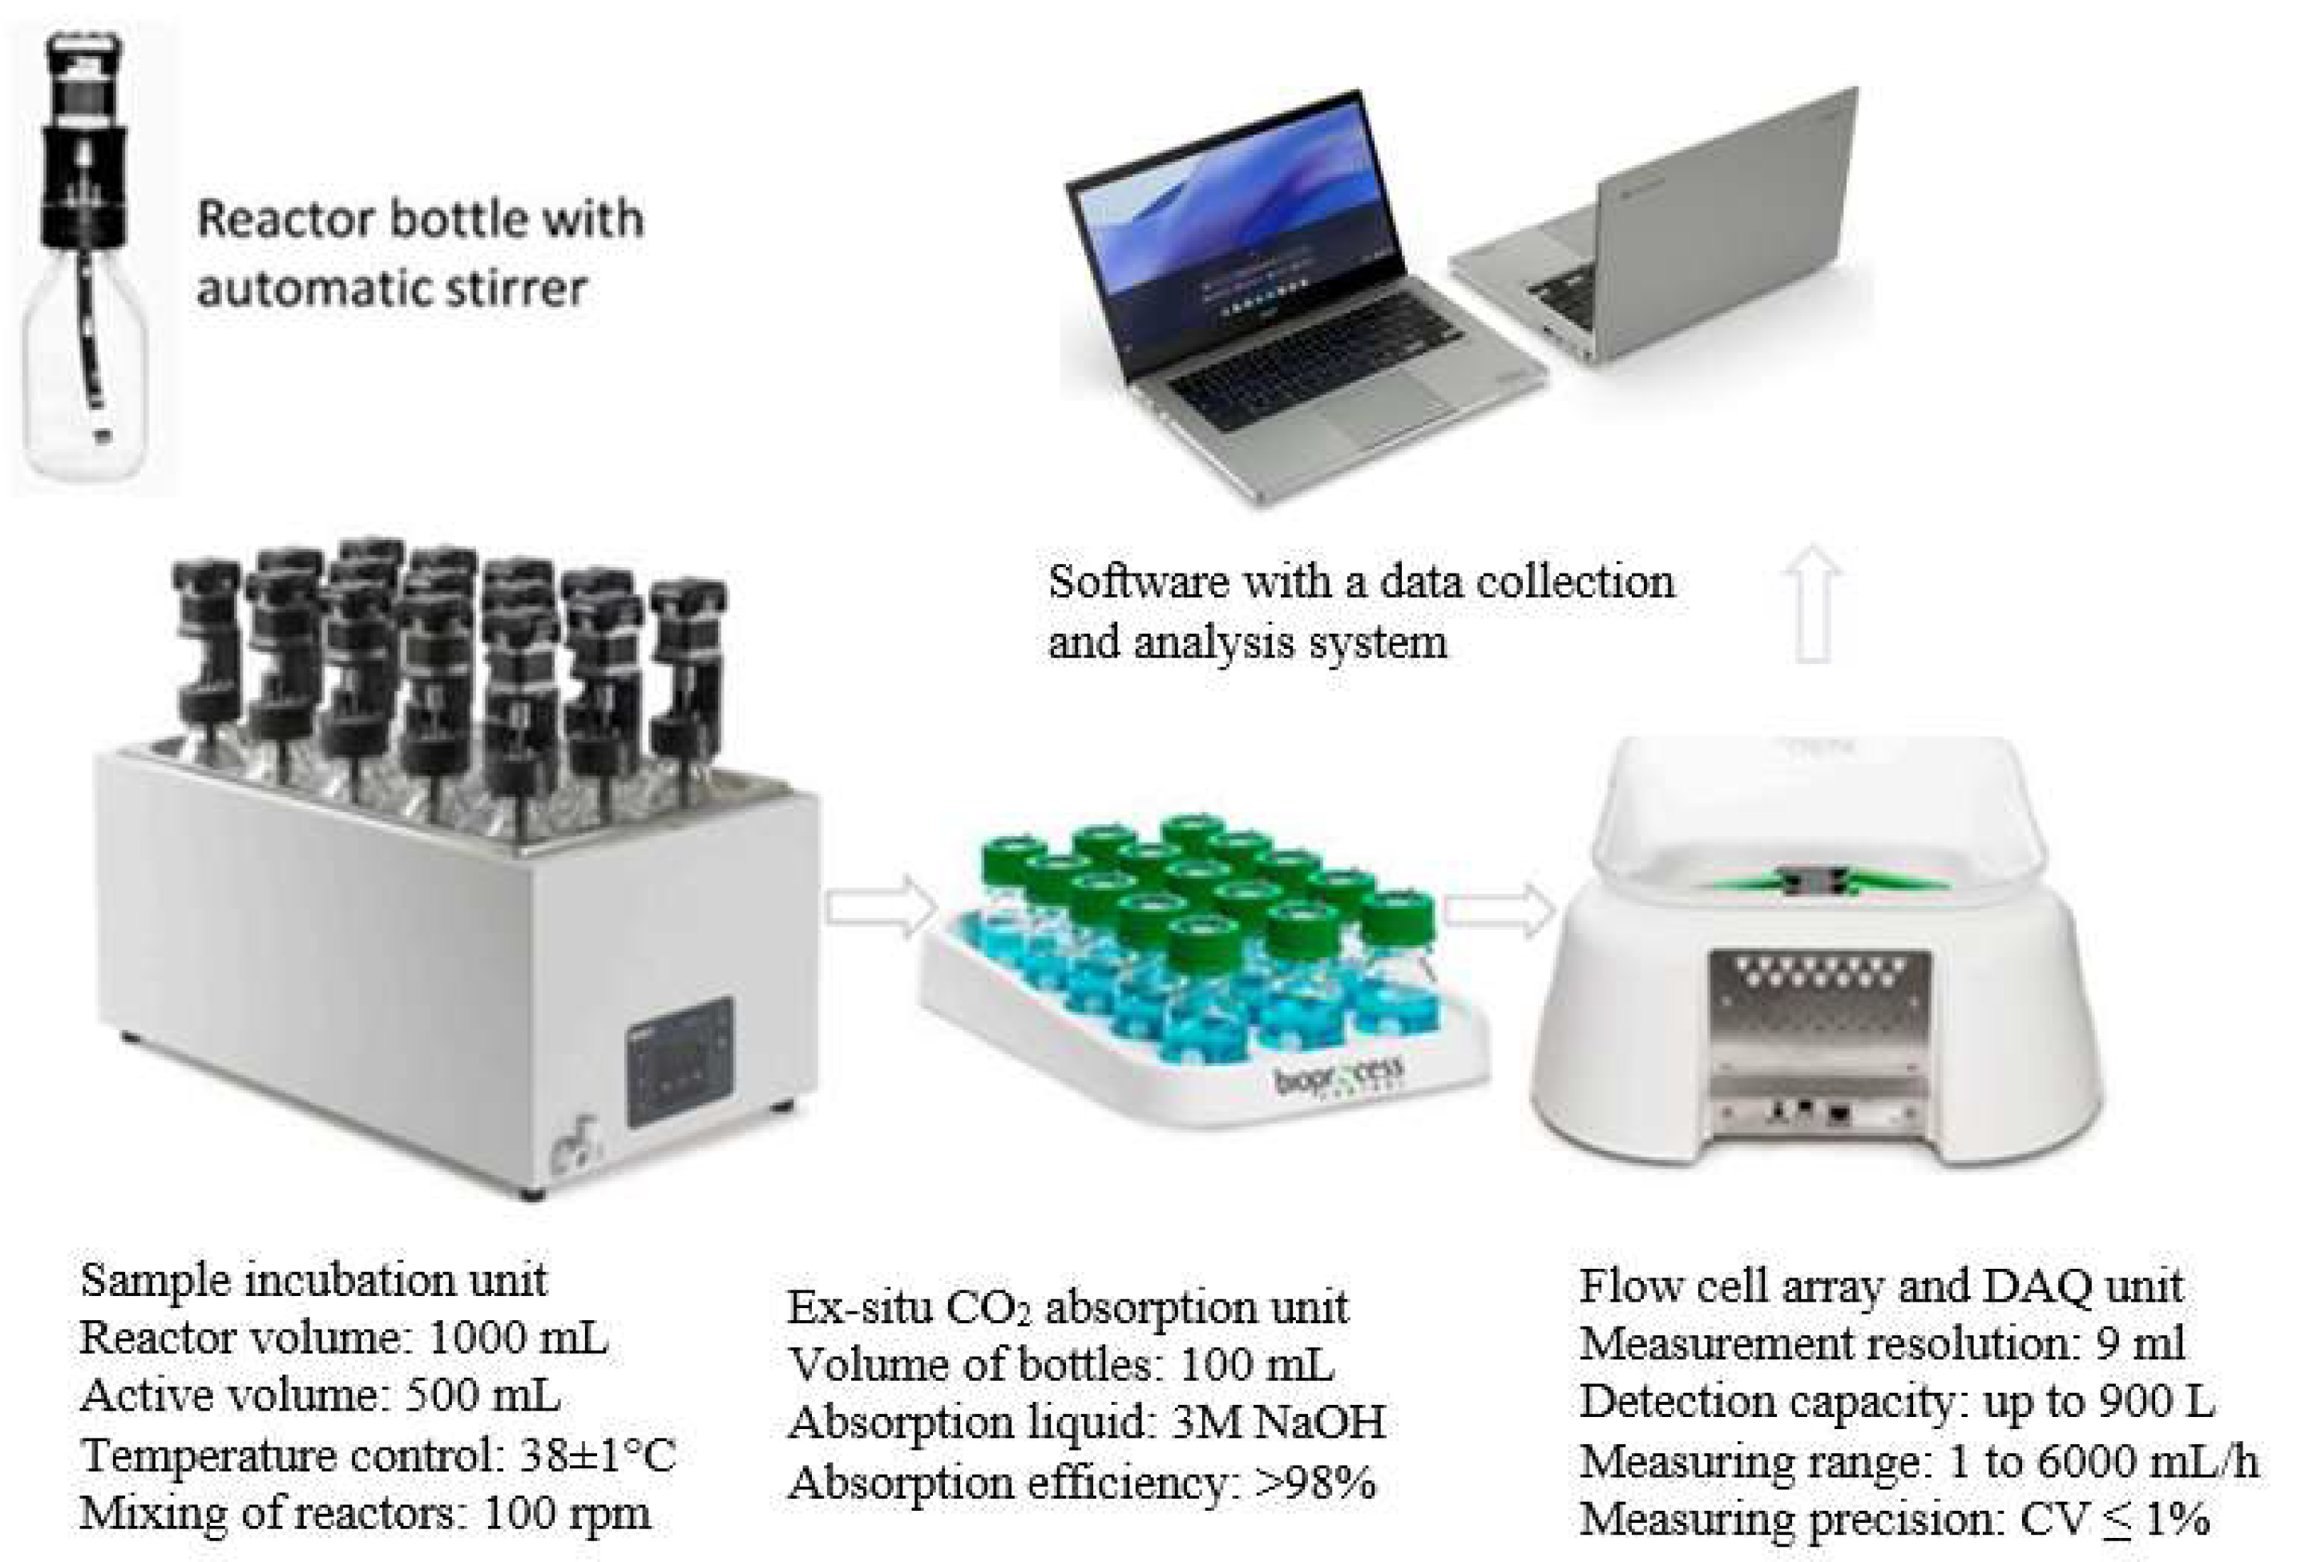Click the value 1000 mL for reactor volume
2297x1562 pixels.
(x=518, y=1339)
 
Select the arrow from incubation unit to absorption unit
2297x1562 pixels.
(x=881, y=906)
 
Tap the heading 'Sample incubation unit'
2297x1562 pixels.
(x=313, y=1280)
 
